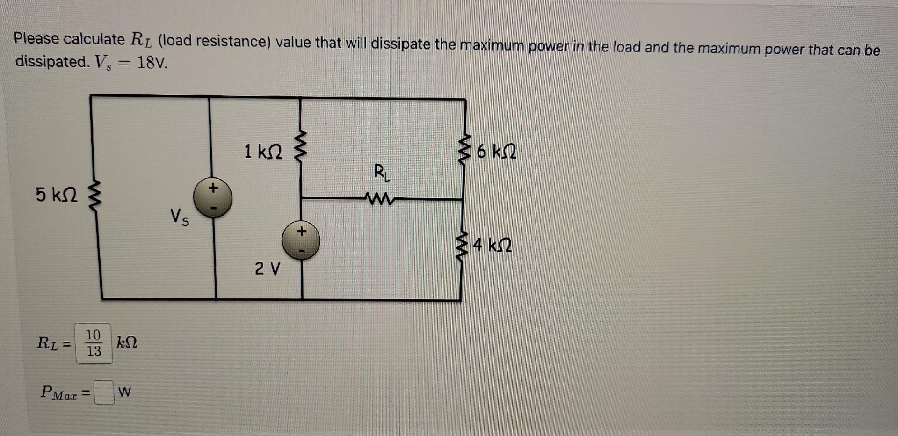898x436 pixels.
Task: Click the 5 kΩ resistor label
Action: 57,195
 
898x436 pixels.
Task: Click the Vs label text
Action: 180,218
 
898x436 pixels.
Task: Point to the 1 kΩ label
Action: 263,152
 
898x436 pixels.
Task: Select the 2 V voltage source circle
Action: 301,240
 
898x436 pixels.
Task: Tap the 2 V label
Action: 267,269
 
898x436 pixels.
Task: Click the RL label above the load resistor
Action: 381,172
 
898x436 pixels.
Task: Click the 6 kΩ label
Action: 497,152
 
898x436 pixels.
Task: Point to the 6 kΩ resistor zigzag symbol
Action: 464,151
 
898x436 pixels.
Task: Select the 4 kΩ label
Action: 492,245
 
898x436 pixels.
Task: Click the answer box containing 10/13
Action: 94,343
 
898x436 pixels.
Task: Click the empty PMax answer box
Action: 104,392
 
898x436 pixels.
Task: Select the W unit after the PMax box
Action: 125,392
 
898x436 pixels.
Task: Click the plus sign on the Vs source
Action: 213,188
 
